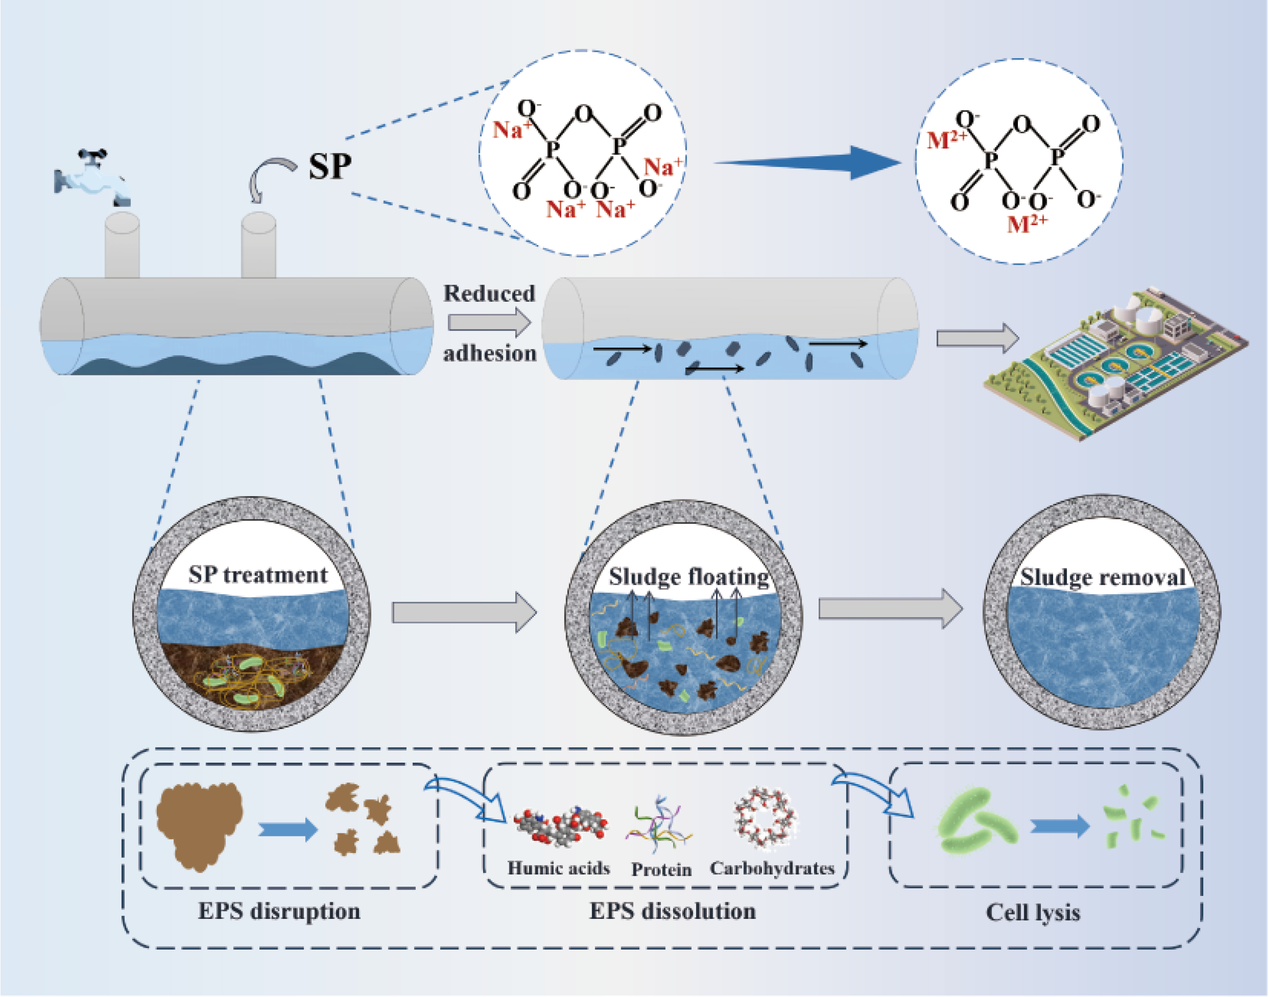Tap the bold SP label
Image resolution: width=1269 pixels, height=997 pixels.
[330, 167]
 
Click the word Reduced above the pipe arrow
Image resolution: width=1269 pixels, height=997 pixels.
[489, 293]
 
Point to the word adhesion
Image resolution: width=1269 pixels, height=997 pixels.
[489, 353]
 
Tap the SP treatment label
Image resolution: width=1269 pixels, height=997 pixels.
[257, 575]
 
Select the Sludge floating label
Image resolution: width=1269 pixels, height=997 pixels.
[689, 577]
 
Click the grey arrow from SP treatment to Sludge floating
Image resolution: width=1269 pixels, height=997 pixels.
[464, 612]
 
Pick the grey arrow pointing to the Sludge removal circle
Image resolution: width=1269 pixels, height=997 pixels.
[890, 608]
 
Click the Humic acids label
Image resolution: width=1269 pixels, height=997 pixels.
[558, 868]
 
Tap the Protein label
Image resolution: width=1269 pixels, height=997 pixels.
[661, 870]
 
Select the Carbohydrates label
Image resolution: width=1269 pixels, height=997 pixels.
[772, 868]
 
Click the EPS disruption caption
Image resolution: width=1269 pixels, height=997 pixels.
[279, 911]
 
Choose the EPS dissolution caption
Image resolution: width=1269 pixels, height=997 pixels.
[672, 911]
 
